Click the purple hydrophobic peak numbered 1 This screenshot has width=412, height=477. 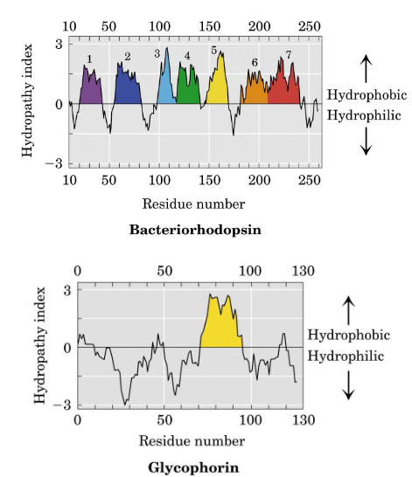[90, 88]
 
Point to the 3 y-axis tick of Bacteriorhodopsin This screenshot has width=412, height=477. [58, 43]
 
